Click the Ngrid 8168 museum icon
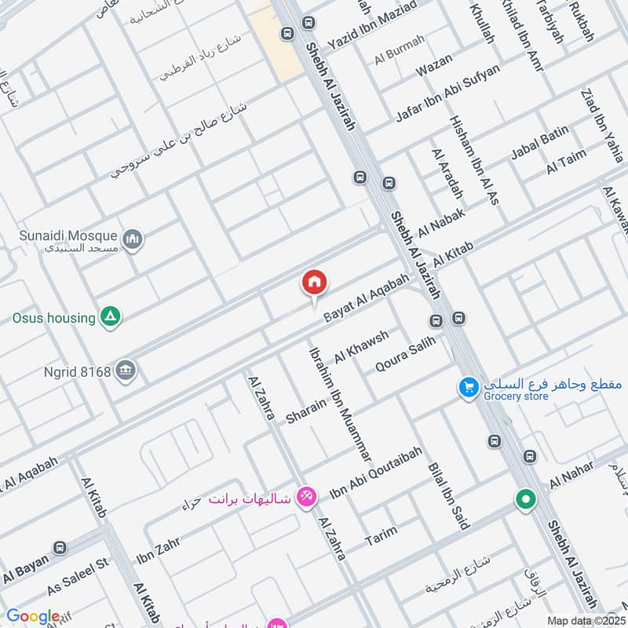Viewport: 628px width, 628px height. pos(125,370)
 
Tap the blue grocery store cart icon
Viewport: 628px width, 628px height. pos(469,387)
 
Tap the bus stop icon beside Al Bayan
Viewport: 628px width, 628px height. pos(58,547)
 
